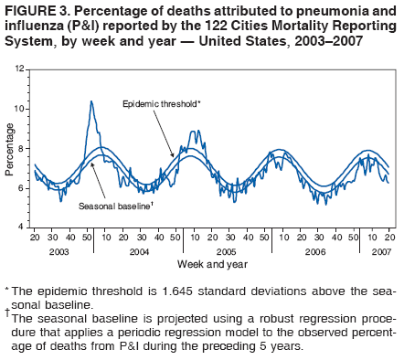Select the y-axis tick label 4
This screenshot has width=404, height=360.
21,226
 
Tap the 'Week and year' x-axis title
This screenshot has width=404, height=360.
213,263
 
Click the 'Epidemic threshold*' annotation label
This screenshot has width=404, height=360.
161,104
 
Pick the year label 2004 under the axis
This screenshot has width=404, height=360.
141,250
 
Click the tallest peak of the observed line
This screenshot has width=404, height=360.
91,101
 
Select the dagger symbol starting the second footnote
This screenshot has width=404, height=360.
8,311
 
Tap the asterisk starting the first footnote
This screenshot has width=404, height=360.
7,290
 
